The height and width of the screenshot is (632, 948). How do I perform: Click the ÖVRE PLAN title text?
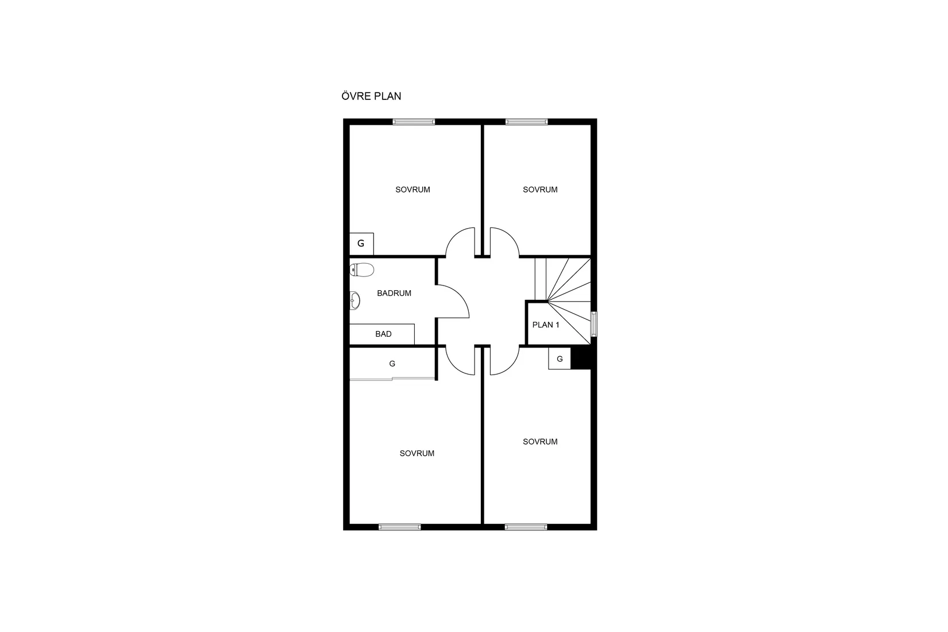point(371,96)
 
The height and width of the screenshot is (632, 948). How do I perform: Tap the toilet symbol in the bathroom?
point(362,269)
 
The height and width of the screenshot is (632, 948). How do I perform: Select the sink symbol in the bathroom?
point(354,300)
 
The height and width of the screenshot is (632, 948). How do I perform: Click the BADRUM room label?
point(394,293)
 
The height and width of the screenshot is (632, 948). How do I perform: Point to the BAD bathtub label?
point(383,334)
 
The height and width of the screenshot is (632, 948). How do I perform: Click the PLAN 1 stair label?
point(546,325)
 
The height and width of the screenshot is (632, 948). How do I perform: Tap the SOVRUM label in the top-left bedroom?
point(413,190)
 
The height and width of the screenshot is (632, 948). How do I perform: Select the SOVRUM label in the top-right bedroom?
point(540,190)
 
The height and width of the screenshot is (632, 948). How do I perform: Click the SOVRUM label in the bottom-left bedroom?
point(417,453)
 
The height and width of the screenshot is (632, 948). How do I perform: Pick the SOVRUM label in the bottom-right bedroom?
point(540,442)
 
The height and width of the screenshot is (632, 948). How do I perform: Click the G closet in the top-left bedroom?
point(361,244)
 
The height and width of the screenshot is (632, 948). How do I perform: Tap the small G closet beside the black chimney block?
point(560,359)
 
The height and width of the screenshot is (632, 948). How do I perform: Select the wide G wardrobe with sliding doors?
point(392,364)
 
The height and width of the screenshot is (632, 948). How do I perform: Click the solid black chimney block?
point(581,359)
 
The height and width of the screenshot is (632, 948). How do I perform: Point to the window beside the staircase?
point(594,325)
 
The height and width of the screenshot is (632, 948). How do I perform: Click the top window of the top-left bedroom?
point(414,122)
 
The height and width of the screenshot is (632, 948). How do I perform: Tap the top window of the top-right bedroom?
point(526,122)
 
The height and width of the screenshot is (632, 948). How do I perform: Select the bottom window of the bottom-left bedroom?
point(400,527)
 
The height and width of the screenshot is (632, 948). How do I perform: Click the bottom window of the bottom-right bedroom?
point(526,527)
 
